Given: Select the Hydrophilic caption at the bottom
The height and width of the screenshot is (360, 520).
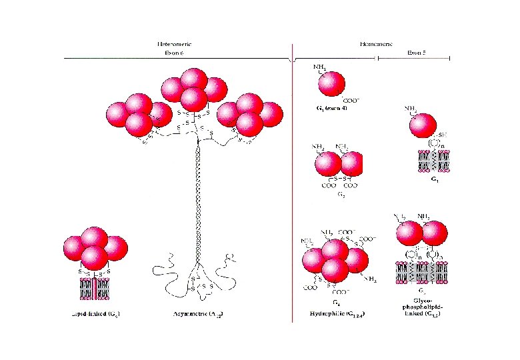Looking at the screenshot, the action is pyautogui.click(x=336, y=312).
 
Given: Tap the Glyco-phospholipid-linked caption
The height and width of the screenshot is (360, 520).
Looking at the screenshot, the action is pyautogui.click(x=425, y=308).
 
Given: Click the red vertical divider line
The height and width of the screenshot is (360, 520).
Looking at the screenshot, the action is pyautogui.click(x=293, y=200).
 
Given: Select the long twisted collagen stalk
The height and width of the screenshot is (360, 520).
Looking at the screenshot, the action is pyautogui.click(x=197, y=200).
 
